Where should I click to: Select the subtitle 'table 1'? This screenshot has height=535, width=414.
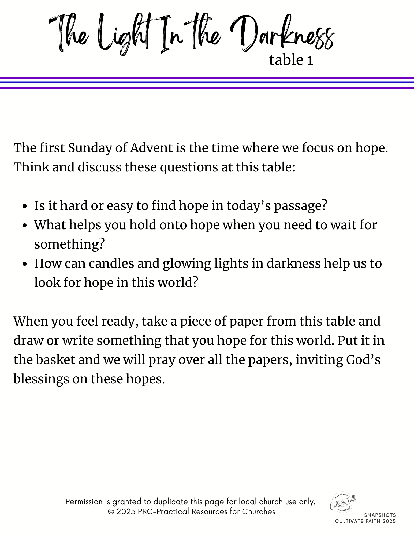point(291,60)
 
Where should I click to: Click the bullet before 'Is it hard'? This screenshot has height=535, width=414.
point(25,207)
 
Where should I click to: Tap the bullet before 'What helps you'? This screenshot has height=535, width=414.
point(25,226)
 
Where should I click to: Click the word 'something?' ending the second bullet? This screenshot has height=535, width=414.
point(69,244)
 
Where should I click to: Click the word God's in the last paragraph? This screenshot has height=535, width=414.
point(363,360)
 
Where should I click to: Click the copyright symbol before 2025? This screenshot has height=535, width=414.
point(111,512)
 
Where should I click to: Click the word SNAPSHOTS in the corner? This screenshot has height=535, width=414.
point(380,515)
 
